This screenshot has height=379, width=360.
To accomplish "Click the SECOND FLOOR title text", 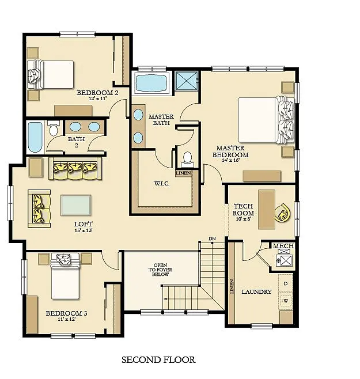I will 158,360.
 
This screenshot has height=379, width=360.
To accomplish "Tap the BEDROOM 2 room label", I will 97,92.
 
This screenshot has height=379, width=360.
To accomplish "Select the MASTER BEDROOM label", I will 230,151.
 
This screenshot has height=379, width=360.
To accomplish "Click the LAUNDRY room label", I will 256,292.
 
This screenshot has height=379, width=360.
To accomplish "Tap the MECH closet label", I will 283,247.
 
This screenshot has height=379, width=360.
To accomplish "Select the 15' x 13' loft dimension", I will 84,231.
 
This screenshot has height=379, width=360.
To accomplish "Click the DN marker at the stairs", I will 212,238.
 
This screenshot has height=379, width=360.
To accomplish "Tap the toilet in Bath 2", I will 54,127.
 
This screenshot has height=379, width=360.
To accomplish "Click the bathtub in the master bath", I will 152,84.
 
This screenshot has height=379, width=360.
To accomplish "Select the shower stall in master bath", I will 187,82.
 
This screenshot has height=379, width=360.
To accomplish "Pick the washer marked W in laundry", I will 286,301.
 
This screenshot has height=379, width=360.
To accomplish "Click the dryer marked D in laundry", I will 286,283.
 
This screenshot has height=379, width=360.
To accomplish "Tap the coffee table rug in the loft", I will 75,205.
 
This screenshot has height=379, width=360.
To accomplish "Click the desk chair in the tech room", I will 284,213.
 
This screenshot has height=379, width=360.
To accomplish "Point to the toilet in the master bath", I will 187,158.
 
